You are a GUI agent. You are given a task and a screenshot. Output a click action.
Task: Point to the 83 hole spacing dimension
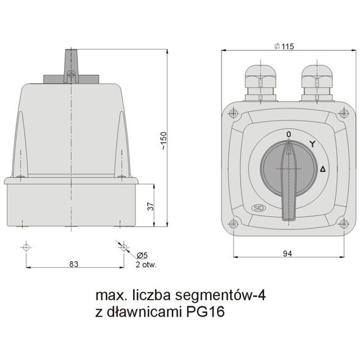point(74,264)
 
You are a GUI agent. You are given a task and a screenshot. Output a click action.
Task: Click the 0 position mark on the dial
point(288,134)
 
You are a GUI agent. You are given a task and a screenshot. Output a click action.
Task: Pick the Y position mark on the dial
point(312,144)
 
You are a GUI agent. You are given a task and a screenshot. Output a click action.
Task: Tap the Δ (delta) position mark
point(323,169)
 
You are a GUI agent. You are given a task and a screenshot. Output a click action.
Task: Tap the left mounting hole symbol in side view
point(25,247)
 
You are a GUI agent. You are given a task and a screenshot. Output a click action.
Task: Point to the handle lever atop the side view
point(71,64)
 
